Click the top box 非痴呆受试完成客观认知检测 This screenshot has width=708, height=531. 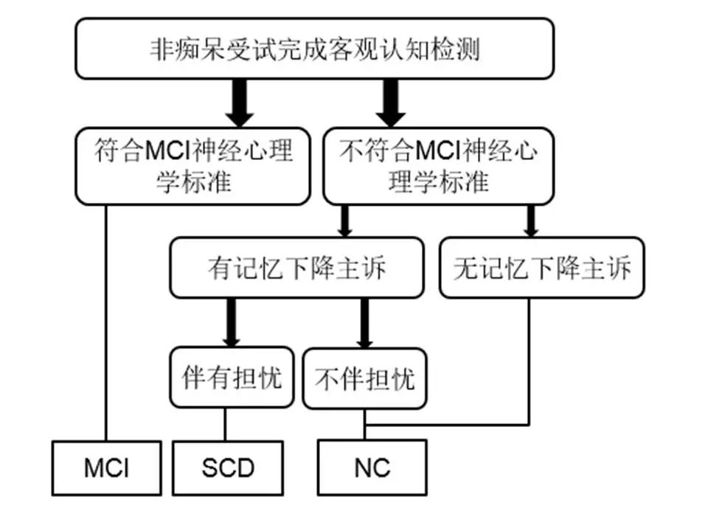point(314,49)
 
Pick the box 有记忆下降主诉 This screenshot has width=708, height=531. point(296,268)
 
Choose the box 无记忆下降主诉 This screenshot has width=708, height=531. point(541,268)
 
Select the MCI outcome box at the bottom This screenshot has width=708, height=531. point(106,468)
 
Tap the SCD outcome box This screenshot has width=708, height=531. point(228,468)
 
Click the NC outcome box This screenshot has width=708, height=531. point(372,468)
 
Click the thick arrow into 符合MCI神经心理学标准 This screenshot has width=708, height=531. point(239,103)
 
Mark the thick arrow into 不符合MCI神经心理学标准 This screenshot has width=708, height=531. point(391,103)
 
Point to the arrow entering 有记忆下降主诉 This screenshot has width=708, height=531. point(344,221)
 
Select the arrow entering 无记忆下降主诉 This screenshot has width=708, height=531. point(530,221)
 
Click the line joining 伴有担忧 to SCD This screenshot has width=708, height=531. point(225,424)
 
